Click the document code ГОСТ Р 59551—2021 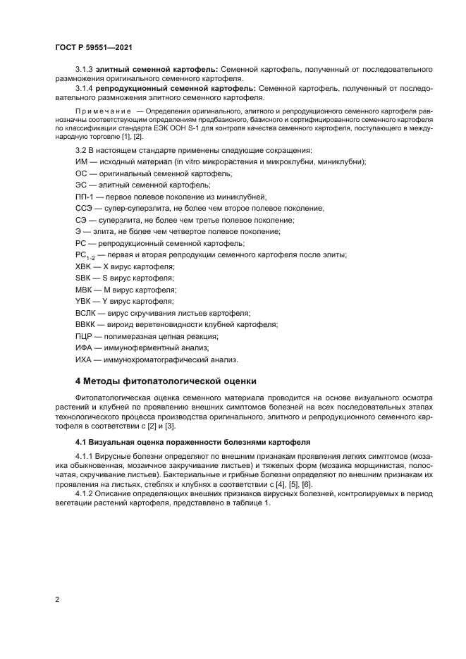94,48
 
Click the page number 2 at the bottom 57,599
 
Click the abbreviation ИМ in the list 81,162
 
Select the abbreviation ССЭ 84,209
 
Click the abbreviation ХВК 83,266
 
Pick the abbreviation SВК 83,278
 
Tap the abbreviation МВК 83,290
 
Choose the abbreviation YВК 83,301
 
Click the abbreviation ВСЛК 86,313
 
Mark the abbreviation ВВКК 86,324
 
